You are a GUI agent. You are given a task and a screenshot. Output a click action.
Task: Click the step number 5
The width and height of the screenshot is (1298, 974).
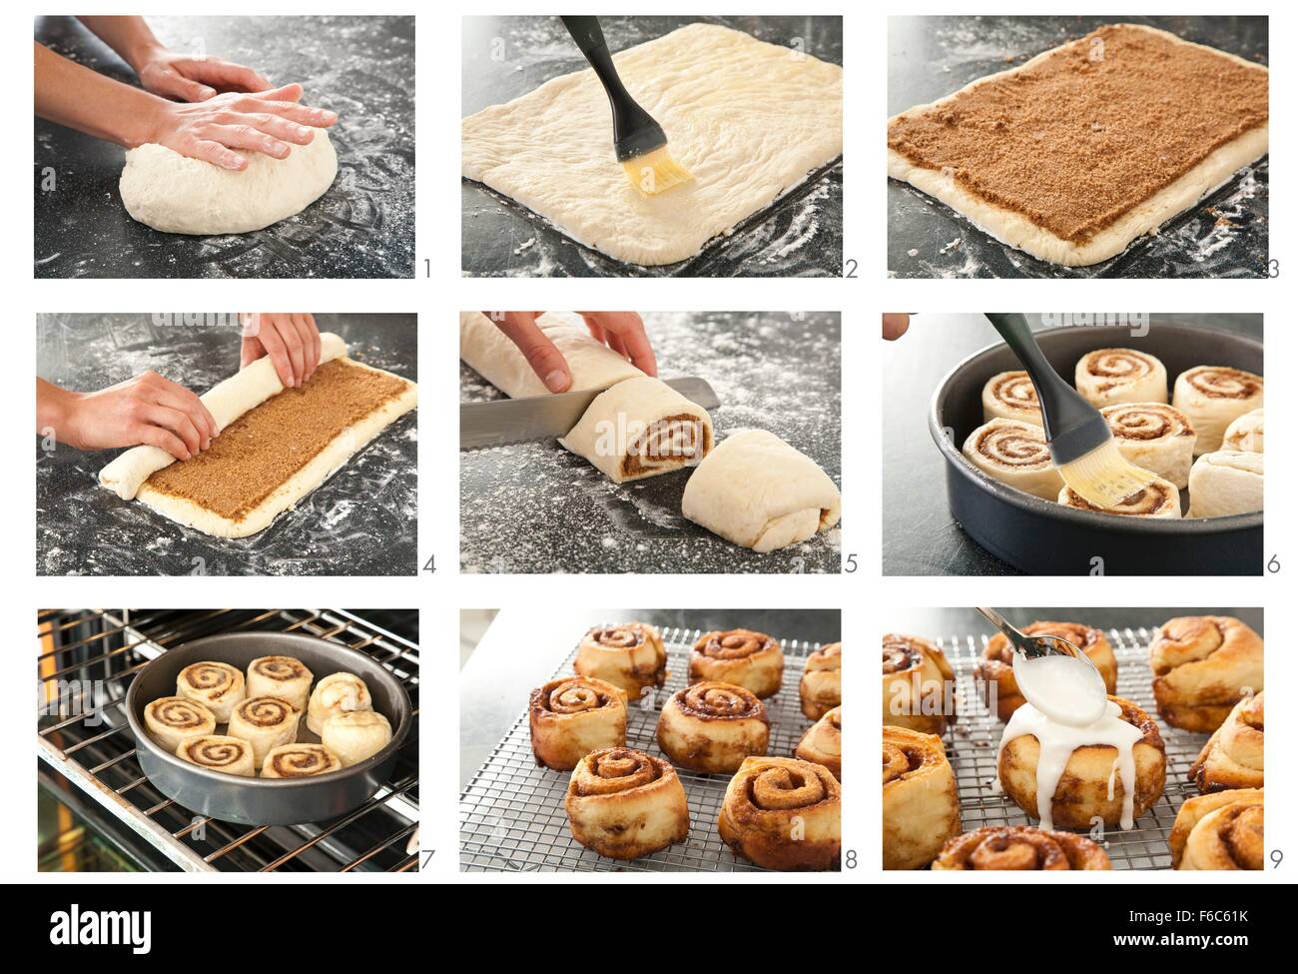[x=851, y=564]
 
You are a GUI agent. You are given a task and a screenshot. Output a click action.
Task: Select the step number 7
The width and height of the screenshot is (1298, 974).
[x=426, y=861]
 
